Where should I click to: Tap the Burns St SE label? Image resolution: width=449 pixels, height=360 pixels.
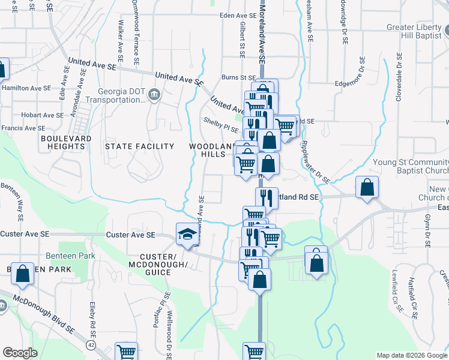pyautogui.click(x=238, y=77)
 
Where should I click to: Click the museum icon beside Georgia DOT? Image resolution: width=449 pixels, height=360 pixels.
pyautogui.click(x=154, y=94)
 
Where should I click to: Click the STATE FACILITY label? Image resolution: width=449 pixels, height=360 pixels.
pyautogui.click(x=139, y=146)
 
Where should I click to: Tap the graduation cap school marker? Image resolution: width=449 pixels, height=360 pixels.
pyautogui.click(x=187, y=234)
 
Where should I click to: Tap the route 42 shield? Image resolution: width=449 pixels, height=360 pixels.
pyautogui.click(x=91, y=345)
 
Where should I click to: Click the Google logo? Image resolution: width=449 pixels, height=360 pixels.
pyautogui.click(x=20, y=353)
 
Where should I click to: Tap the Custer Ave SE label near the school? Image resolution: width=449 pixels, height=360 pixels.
pyautogui.click(x=130, y=235)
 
